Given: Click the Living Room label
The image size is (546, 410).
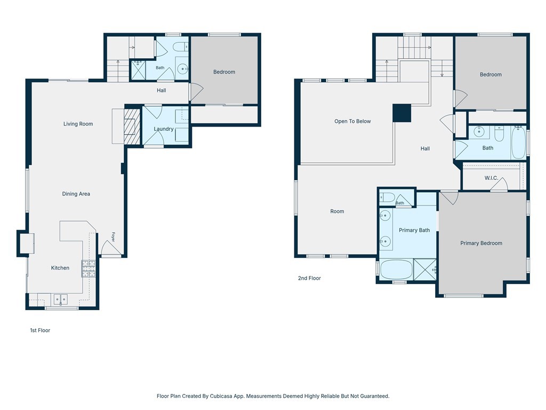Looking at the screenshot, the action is coord(78,124).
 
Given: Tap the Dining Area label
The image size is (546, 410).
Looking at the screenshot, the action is coord(76,194).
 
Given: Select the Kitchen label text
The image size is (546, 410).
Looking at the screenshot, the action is coord(60,268).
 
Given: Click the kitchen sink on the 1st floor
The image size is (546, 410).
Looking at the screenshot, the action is coord(61,299).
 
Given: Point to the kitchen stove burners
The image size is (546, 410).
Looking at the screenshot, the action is coord(89,269).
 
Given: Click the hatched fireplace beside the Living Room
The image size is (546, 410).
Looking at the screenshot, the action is coord(132,126).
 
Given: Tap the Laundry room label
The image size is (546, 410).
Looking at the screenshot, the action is coord(164,129).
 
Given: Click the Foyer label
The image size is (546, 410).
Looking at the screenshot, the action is coord(113,237).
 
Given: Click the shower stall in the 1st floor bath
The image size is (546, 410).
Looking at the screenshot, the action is coord(138,70).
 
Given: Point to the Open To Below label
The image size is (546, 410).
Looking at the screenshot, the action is coord(352,121).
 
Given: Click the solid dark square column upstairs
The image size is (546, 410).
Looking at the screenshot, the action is coord(402,113).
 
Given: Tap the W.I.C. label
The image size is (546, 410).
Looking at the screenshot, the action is coord(491,178).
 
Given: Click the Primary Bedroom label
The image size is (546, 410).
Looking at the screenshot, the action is coord(481,243).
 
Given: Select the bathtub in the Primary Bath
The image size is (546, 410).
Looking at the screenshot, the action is coord(396,270).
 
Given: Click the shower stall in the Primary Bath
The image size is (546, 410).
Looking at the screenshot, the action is coord(424,269).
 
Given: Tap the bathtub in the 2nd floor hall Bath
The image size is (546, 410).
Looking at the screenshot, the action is coord(518,143).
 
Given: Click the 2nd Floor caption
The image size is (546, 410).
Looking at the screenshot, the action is coord(309,278).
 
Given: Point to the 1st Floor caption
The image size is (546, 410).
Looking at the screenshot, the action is coord(40,330).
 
